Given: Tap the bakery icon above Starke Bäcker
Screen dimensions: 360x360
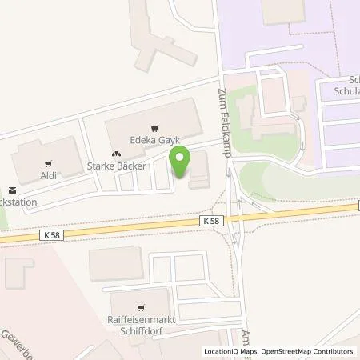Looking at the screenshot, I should click(116, 154).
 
